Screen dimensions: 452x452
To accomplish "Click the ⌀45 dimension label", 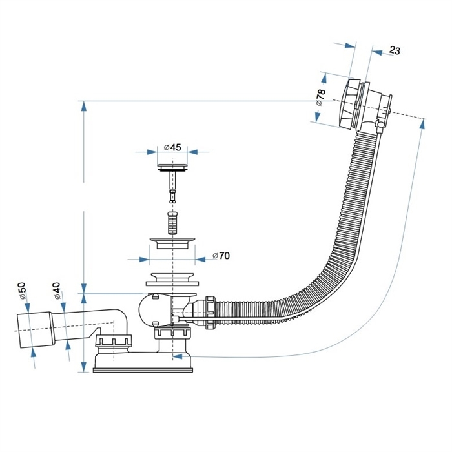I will (x=172, y=147).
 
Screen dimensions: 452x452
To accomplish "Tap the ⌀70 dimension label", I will (x=221, y=256).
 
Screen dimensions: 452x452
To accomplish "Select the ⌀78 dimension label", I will (x=320, y=97).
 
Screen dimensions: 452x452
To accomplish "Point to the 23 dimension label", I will (x=395, y=50).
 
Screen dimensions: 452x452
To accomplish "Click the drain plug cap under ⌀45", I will (x=172, y=169).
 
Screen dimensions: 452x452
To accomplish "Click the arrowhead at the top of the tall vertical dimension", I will (x=83, y=107).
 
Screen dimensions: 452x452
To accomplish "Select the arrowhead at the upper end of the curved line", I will (x=422, y=123).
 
